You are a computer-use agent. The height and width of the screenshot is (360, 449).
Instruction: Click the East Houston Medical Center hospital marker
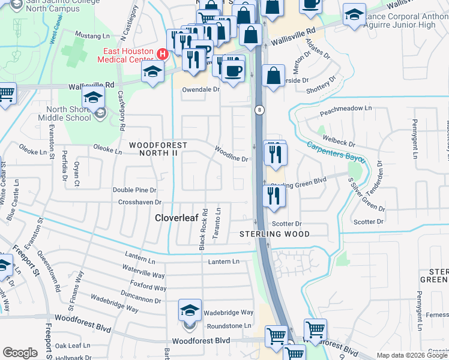point(161,53)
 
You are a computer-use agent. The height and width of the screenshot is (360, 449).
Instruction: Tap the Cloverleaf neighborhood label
point(177,218)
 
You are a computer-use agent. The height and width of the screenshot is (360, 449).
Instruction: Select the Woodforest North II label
point(158,149)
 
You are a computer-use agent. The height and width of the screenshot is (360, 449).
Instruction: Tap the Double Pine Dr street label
point(134,190)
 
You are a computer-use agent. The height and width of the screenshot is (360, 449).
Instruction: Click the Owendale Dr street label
point(200,89)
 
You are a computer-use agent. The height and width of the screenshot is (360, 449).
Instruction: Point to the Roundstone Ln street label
point(229,326)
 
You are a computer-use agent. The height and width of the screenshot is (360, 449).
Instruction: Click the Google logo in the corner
point(20,353)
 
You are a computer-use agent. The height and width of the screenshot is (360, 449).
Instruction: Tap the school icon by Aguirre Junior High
point(354,14)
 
